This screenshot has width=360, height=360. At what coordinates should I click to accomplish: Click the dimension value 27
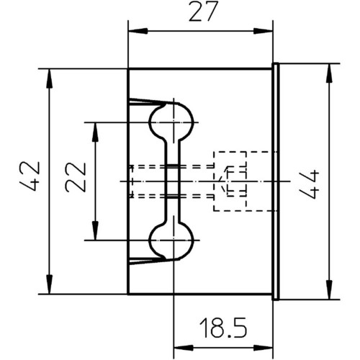tap(203, 12)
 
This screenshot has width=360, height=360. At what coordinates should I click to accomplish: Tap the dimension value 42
tap(30, 176)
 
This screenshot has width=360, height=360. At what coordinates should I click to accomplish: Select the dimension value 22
tap(76, 177)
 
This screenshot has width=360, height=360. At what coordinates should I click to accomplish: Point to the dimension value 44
tap(309, 184)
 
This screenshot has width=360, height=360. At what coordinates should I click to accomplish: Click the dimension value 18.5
tap(223, 328)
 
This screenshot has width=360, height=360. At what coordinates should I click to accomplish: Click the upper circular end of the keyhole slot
tap(171, 122)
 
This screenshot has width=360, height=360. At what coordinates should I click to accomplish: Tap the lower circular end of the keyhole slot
tap(171, 240)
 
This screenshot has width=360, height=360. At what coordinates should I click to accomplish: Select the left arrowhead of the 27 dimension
tap(138, 31)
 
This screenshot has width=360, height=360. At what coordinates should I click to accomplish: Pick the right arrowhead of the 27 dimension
tap(264, 31)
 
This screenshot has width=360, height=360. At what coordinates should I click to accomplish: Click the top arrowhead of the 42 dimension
tap(49, 78)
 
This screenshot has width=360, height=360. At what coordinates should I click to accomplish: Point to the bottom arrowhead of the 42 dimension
tap(49, 284)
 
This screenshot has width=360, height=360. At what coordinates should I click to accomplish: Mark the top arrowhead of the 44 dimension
tap(330, 73)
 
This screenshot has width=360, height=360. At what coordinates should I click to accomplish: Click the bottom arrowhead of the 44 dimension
tap(330, 289)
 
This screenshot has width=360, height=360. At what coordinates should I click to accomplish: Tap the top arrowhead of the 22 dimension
tap(95, 132)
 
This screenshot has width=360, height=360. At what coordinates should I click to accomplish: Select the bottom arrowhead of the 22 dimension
tap(95, 230)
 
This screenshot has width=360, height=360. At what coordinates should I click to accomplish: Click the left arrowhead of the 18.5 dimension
tap(183, 348)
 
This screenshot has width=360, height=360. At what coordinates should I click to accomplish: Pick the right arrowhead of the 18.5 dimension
tap(264, 348)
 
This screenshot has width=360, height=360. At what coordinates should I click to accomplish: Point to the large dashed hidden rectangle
tap(213, 181)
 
